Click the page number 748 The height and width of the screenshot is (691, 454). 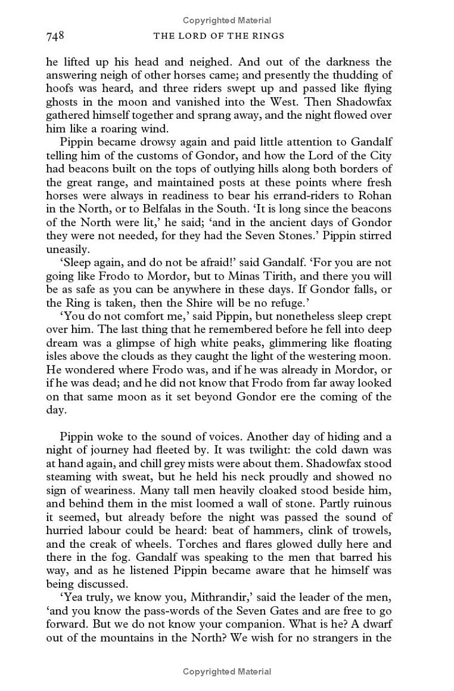[x=54, y=36]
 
